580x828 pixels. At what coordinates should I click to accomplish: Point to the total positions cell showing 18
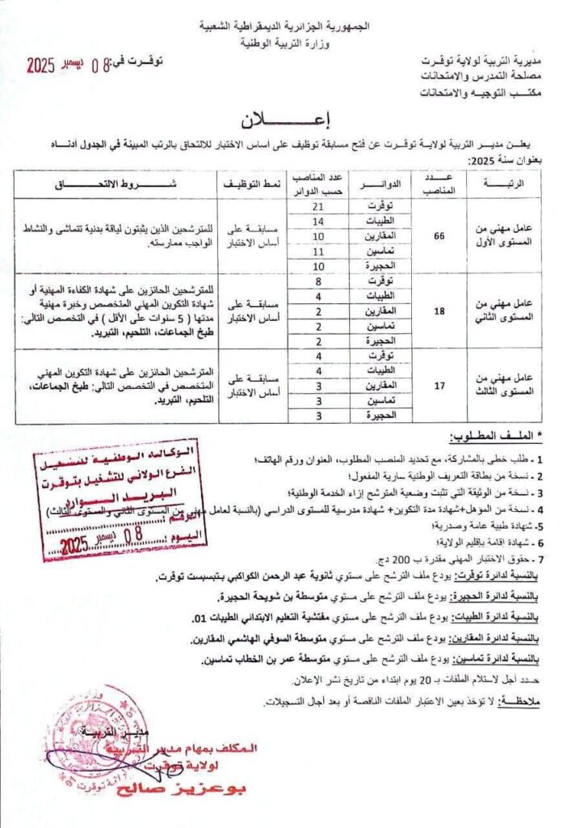[x=439, y=310]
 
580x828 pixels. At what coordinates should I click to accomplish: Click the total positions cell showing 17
[x=439, y=386]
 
